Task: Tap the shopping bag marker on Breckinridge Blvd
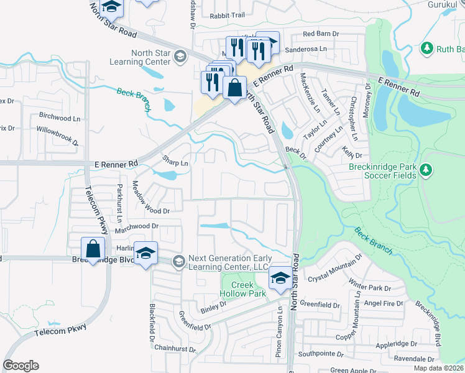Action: (93, 249)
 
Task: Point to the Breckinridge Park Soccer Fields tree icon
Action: (426, 169)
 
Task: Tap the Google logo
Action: (21, 366)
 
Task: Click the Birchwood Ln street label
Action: (60, 116)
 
